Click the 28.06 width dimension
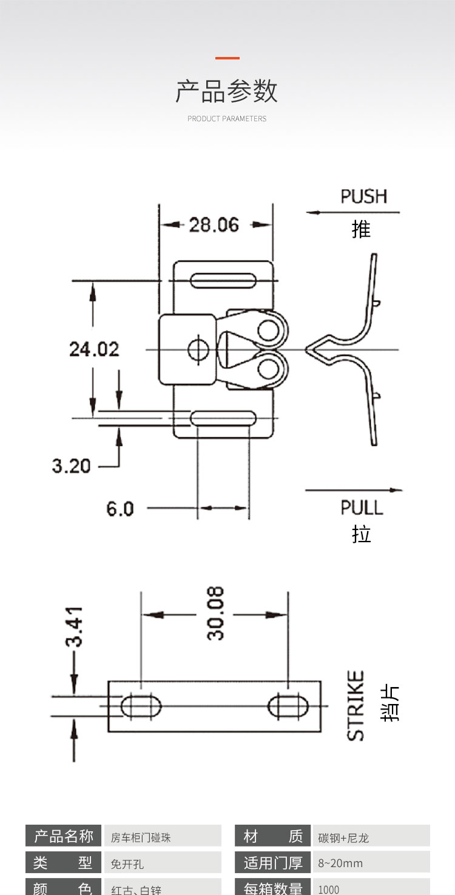214,225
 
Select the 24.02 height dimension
94,349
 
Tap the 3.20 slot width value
71,466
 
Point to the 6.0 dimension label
120,508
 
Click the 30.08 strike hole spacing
215,613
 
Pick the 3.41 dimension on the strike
74,627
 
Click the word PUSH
363,196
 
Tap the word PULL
362,508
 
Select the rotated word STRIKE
356,705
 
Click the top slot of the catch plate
223,280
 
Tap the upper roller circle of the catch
268,330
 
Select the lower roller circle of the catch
268,367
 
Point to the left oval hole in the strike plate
141,706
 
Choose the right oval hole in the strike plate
288,706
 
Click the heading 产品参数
227,91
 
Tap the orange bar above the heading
227,58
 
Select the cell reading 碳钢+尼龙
343,838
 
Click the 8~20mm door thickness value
340,863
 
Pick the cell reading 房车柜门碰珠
141,838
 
